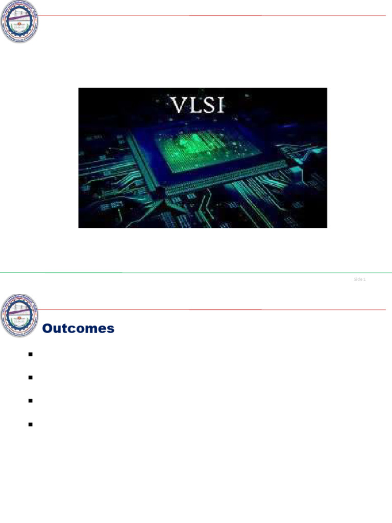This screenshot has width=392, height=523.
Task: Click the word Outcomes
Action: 78,329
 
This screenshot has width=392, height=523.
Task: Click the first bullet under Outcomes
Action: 31,354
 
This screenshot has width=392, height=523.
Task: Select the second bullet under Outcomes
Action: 31,377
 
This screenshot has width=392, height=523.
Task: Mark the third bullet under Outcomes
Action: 31,401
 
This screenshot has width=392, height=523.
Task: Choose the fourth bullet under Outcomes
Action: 31,424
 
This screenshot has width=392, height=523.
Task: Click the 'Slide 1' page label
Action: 360,279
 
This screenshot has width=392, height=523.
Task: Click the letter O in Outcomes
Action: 47,329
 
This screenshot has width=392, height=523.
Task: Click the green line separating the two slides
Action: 196,273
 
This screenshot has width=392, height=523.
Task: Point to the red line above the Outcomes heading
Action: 214,310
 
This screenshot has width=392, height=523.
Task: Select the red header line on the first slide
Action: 214,15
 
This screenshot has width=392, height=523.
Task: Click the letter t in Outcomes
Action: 64,329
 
